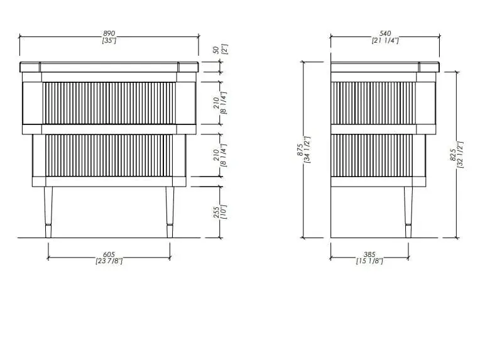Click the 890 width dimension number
pyautogui.click(x=109, y=33)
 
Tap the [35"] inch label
pyautogui.click(x=109, y=40)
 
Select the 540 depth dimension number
pyautogui.click(x=385, y=33)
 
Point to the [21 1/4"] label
pyautogui.click(x=385, y=40)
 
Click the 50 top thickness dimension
pyautogui.click(x=216, y=50)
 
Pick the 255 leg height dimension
pyautogui.click(x=216, y=212)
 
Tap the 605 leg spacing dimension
pyautogui.click(x=109, y=254)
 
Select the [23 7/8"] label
pyautogui.click(x=109, y=261)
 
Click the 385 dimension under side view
pyautogui.click(x=369, y=254)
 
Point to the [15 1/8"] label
pyautogui.click(x=369, y=261)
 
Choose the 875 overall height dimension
pyautogui.click(x=300, y=150)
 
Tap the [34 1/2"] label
pyautogui.click(x=307, y=150)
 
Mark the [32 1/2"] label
pyautogui.click(x=461, y=155)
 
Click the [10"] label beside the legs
pyautogui.click(x=224, y=212)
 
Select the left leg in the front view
pyautogui.click(x=48, y=212)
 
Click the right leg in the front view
pyautogui.click(x=170, y=212)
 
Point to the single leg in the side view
pyautogui.click(x=408, y=212)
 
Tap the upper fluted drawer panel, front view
pyautogui.click(x=109, y=103)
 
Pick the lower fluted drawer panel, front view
pyautogui.click(x=109, y=155)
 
